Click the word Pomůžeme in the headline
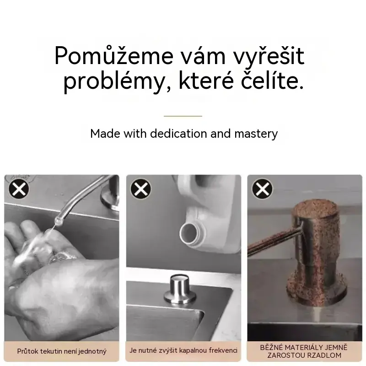click(114, 55)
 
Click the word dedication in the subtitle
click(178, 134)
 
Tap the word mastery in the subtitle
click(256, 134)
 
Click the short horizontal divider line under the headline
click(183, 116)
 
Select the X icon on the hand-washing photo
click(19, 189)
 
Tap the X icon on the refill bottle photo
click(141, 189)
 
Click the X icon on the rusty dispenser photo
click(262, 189)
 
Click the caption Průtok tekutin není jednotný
click(62, 351)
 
